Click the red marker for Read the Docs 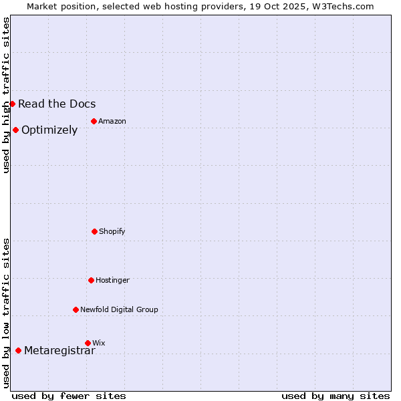(x=12, y=104)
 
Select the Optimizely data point (x=15, y=130)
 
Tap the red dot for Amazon (x=94, y=121)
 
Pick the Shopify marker (x=94, y=231)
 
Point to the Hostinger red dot (x=91, y=280)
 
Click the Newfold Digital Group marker (x=76, y=309)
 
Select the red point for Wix (x=88, y=343)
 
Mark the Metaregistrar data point (x=18, y=350)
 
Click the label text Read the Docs (x=57, y=104)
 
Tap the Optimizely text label (x=49, y=130)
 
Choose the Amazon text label (x=112, y=121)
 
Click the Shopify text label (x=112, y=231)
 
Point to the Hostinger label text (x=112, y=280)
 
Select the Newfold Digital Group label (x=119, y=309)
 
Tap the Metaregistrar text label (x=59, y=351)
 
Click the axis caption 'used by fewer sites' (x=69, y=396)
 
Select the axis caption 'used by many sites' (x=336, y=396)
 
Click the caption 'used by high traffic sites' (x=6, y=95)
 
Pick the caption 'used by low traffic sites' (x=6, y=313)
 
